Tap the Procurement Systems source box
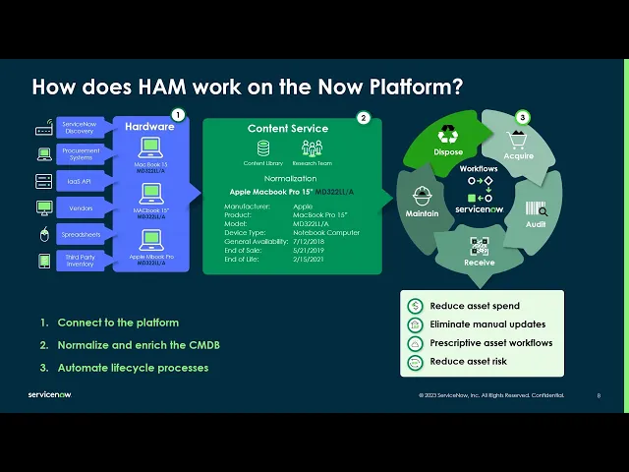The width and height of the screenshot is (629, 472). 80,154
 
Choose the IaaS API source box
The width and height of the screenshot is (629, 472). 80,181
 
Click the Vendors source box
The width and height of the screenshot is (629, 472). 80,207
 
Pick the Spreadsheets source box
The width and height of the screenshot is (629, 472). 80,234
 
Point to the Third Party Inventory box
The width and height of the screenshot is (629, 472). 80,261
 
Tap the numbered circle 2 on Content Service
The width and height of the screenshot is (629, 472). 363,118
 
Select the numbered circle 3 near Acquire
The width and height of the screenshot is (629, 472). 523,117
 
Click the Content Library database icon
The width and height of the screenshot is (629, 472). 262,148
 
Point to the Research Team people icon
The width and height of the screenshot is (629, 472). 312,148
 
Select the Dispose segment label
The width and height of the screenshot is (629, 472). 448,152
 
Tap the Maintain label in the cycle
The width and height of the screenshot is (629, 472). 422,212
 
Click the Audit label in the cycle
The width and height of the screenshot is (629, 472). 537,224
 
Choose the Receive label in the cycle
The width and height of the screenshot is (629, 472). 480,263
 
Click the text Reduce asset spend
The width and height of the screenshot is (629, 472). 475,306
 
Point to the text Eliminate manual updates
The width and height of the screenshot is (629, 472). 487,324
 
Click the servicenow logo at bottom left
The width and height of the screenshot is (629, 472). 49,394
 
